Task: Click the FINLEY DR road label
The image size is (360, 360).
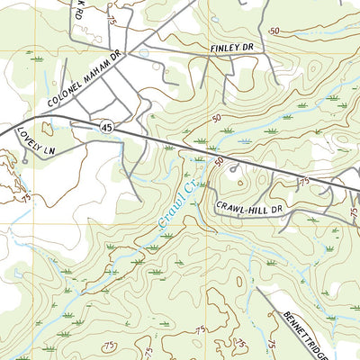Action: [234, 46]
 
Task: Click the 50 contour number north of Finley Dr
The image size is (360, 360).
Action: [273, 30]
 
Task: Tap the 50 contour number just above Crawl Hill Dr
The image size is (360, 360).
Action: [219, 162]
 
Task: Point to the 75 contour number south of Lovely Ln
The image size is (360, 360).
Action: [27, 196]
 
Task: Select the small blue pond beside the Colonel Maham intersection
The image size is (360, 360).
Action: [142, 54]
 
